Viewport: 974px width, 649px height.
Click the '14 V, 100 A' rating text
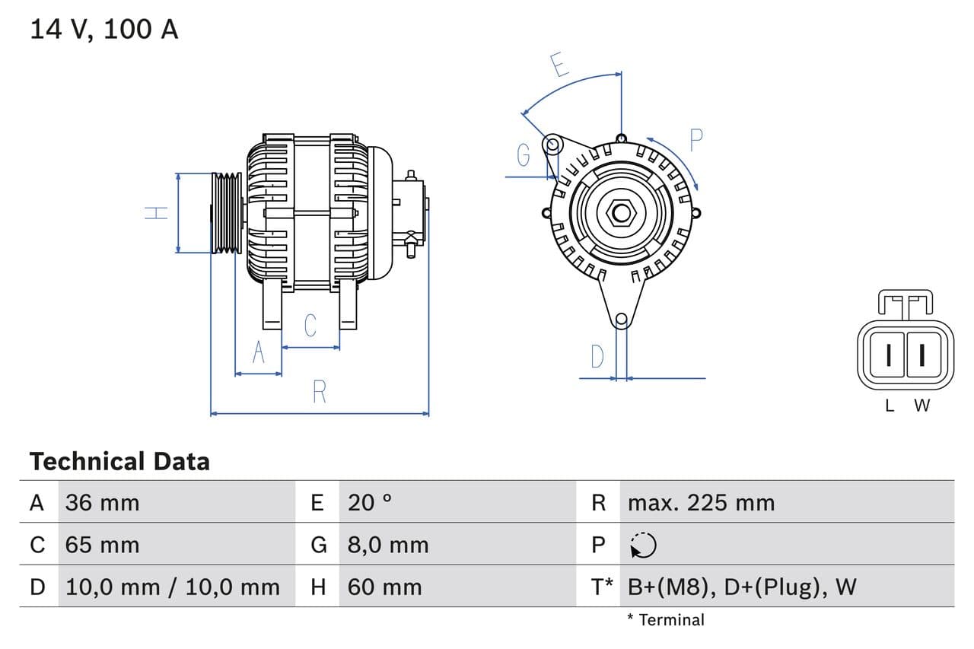[103, 30]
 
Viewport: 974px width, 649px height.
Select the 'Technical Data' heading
[119, 461]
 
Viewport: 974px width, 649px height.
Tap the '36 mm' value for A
[102, 503]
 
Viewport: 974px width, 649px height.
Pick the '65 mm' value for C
[102, 545]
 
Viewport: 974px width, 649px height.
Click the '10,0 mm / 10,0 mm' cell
[173, 587]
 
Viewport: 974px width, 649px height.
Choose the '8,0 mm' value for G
[388, 545]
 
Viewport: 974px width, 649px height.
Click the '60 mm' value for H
[384, 587]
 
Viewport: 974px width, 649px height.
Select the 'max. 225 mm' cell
[701, 503]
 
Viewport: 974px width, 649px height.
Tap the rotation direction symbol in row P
[643, 545]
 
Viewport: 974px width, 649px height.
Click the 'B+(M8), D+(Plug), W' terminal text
[742, 587]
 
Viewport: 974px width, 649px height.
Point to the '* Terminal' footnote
[666, 620]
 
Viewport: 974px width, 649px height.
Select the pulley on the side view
[226, 213]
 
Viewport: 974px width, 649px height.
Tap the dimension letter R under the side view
[320, 392]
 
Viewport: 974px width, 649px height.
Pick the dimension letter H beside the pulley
[157, 213]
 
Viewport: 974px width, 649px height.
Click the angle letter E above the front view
[560, 66]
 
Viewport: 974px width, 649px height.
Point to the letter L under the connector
[889, 406]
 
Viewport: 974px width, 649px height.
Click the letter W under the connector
[921, 406]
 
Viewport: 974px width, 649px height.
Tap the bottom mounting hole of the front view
[621, 320]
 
